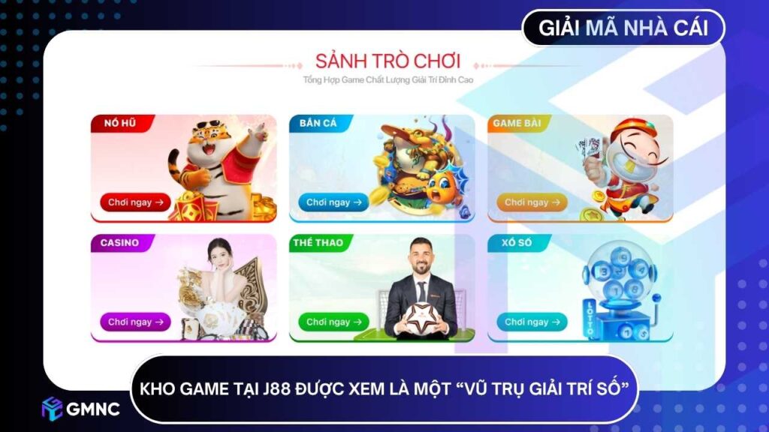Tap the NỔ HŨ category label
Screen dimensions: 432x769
[118, 124]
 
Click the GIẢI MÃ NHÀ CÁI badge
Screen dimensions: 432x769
[624, 28]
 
